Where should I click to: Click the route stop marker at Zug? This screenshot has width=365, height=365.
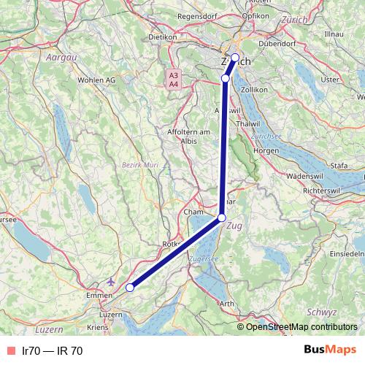pos(221,217)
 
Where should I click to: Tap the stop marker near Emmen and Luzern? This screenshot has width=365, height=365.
pos(130,288)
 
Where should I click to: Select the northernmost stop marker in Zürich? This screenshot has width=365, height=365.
pos(235,57)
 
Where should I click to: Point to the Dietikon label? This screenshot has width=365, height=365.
pos(163,36)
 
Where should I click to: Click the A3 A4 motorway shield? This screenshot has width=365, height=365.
pos(173,80)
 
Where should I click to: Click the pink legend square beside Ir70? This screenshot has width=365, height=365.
pos(9,350)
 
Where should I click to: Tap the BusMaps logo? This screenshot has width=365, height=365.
pos(328,350)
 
